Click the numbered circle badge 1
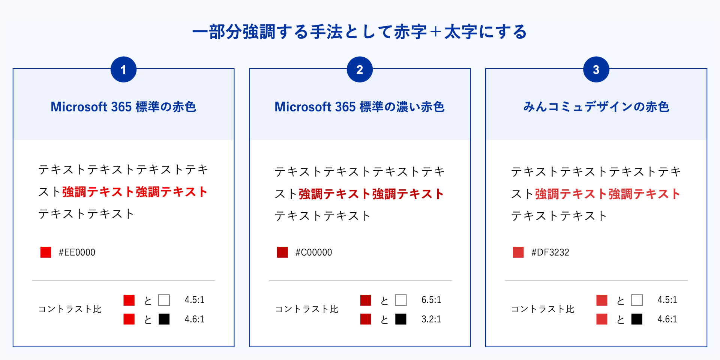[123, 70]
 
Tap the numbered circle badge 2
[360, 70]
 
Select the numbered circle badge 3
[596, 70]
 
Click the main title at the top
[360, 32]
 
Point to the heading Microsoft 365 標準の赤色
[123, 107]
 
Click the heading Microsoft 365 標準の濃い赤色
[360, 107]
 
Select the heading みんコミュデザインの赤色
[596, 107]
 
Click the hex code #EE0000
[77, 252]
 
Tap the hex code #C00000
[313, 252]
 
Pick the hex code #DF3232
[550, 252]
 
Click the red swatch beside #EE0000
[46, 252]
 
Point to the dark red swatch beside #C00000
[282, 252]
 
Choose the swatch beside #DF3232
[518, 252]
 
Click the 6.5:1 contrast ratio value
[431, 300]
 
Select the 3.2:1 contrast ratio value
[431, 319]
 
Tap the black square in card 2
[401, 319]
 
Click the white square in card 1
[164, 300]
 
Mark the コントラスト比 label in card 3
[543, 309]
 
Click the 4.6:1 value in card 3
[667, 319]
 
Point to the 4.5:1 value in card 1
[194, 300]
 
